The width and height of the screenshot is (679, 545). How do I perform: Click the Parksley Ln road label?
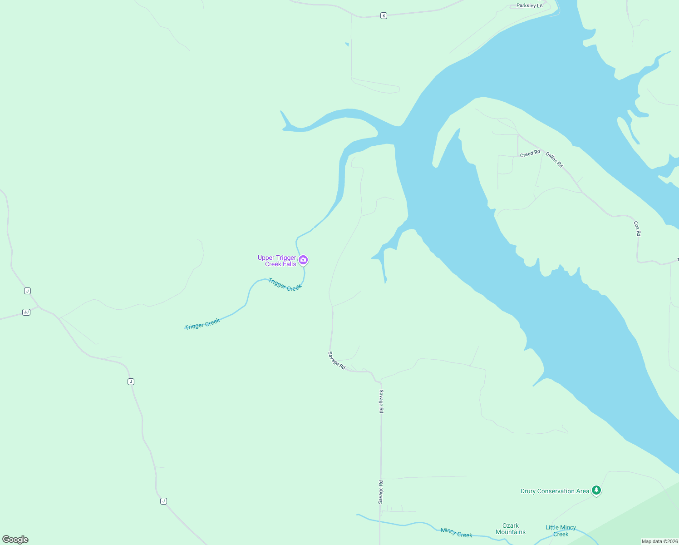(x=529, y=6)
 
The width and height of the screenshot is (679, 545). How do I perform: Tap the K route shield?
(x=384, y=15)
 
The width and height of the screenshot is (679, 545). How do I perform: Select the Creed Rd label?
(x=530, y=154)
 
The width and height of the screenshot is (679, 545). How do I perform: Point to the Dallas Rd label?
(x=554, y=160)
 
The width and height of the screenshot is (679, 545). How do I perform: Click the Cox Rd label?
(x=637, y=228)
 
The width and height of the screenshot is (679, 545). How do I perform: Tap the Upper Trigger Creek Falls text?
(x=277, y=261)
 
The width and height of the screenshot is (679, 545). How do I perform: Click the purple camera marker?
(x=303, y=260)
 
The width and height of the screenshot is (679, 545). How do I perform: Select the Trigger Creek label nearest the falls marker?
(x=285, y=284)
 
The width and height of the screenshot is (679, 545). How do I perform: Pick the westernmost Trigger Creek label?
(x=202, y=324)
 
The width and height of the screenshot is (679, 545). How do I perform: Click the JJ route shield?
(x=26, y=312)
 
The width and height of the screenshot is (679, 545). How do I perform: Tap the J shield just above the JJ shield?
(x=27, y=291)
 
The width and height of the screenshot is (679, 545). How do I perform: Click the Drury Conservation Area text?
(x=555, y=491)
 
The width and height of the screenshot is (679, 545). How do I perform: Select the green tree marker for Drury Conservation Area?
(x=596, y=490)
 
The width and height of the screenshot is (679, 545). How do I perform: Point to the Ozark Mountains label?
(x=511, y=529)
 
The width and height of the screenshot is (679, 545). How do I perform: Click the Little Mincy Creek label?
(x=561, y=530)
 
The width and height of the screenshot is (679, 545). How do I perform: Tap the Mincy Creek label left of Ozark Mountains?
(x=456, y=533)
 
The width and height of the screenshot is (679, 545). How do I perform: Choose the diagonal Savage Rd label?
(x=337, y=360)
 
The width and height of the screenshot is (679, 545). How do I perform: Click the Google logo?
(x=15, y=540)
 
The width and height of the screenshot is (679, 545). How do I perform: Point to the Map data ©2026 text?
(x=659, y=541)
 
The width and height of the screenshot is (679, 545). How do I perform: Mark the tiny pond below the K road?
(x=347, y=44)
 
